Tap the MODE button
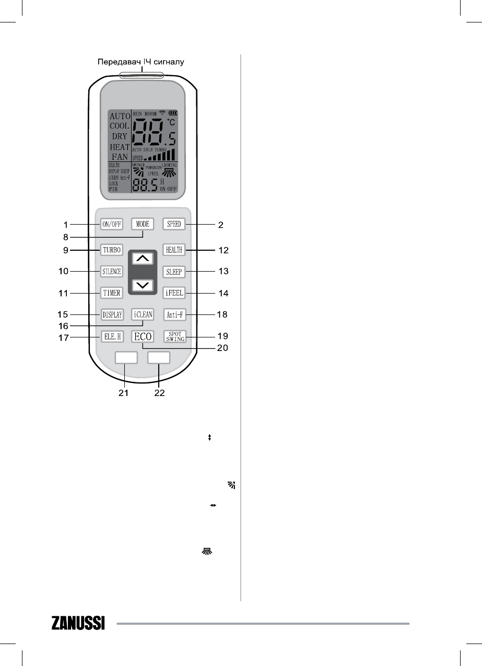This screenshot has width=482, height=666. (x=143, y=224)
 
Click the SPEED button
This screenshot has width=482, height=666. (x=174, y=224)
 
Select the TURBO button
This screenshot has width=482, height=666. (x=111, y=250)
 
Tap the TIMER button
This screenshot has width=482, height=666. (x=111, y=293)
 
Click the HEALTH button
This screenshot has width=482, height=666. (x=174, y=250)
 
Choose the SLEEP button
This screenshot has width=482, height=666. (x=174, y=272)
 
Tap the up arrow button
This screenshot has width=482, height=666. (x=143, y=258)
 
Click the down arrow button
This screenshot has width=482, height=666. (x=143, y=285)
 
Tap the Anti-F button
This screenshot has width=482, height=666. (x=174, y=315)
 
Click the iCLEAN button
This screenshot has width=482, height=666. (x=143, y=315)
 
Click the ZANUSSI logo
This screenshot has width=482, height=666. (x=78, y=623)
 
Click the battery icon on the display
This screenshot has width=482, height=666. (x=173, y=113)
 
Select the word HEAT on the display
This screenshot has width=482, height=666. (x=120, y=147)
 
